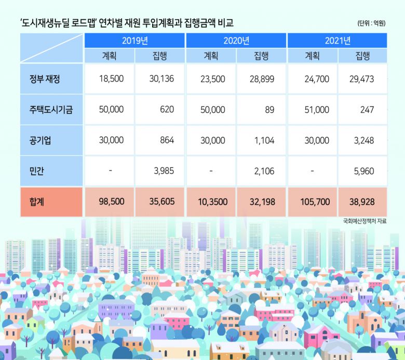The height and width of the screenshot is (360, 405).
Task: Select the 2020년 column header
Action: tap(236, 41)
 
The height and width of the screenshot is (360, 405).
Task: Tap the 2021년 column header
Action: tap(337, 41)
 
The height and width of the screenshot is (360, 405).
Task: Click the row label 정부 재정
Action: tap(45, 79)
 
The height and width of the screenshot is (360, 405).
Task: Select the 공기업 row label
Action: tap(41, 141)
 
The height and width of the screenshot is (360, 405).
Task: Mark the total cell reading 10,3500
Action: tap(211, 202)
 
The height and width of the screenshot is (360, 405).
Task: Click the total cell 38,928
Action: tap(362, 202)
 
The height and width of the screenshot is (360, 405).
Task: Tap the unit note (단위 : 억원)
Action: tap(371, 23)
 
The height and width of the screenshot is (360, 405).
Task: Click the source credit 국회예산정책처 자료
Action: tap(365, 221)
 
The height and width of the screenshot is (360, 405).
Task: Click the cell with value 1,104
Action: tap(262, 141)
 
